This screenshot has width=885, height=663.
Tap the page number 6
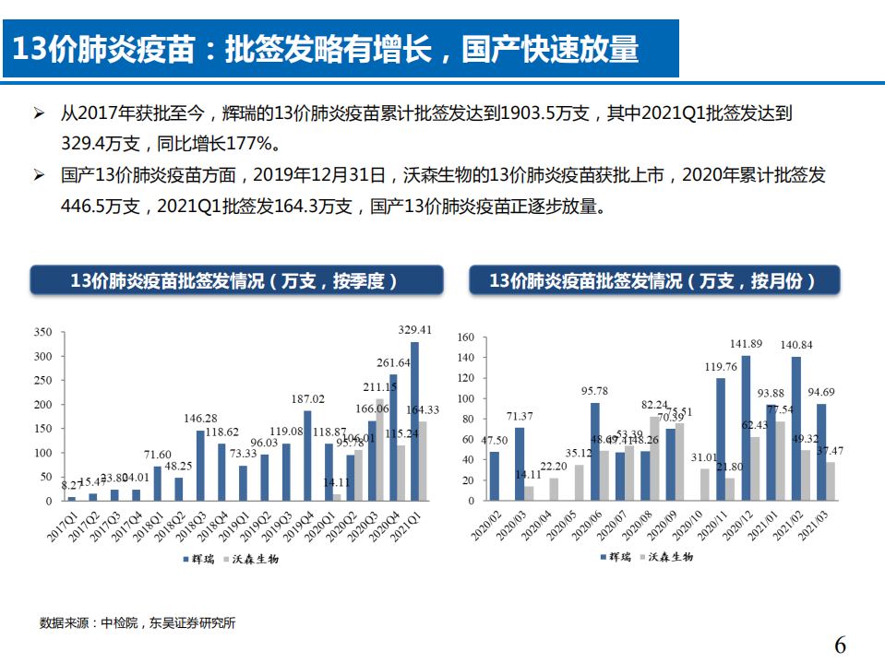pyautogui.click(x=839, y=645)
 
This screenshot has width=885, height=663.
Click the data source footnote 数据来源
pyautogui.click(x=138, y=623)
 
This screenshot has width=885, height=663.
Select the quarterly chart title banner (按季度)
pyautogui.click(x=236, y=281)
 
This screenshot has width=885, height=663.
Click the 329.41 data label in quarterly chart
pyautogui.click(x=414, y=329)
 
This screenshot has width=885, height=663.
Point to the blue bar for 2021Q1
pyautogui.click(x=414, y=421)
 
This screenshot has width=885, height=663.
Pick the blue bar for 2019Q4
pyautogui.click(x=307, y=456)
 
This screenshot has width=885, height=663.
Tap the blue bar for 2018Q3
pyautogui.click(x=200, y=466)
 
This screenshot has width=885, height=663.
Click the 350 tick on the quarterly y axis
pyautogui.click(x=42, y=332)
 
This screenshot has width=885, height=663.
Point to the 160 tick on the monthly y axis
pyautogui.click(x=465, y=337)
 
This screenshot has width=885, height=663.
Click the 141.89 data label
pyautogui.click(x=746, y=345)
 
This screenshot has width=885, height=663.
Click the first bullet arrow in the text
pyautogui.click(x=39, y=114)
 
